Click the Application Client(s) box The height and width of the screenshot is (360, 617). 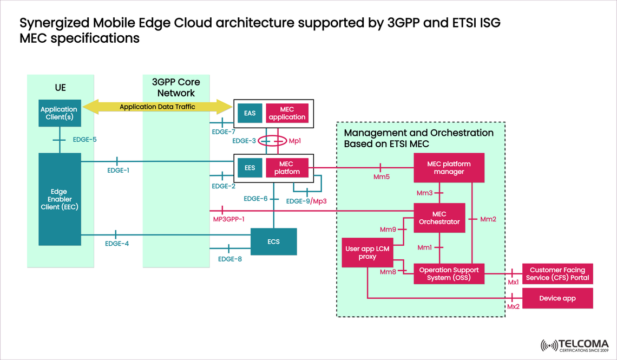click(59, 113)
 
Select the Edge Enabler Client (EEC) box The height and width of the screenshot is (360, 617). click(59, 199)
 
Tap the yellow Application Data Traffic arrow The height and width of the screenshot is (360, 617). click(157, 107)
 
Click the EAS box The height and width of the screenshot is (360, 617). click(250, 113)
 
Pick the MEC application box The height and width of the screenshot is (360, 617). click(287, 113)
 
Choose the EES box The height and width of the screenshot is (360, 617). click(250, 168)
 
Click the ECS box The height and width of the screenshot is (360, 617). click(274, 241)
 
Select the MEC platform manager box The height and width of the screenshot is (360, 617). click(449, 168)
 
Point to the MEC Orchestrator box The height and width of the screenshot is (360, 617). click(439, 218)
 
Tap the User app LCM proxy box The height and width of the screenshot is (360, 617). click(367, 253)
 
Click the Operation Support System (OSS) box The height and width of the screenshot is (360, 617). click(449, 274)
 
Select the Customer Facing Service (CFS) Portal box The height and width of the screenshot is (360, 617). click(557, 274)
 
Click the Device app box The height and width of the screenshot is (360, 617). click(557, 298)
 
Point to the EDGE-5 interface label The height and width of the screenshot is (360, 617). click(84, 140)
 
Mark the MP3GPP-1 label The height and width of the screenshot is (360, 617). click(228, 219)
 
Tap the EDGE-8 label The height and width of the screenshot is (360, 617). click(230, 259)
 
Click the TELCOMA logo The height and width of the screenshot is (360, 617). click(575, 345)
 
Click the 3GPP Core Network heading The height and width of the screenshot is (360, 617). click(176, 88)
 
